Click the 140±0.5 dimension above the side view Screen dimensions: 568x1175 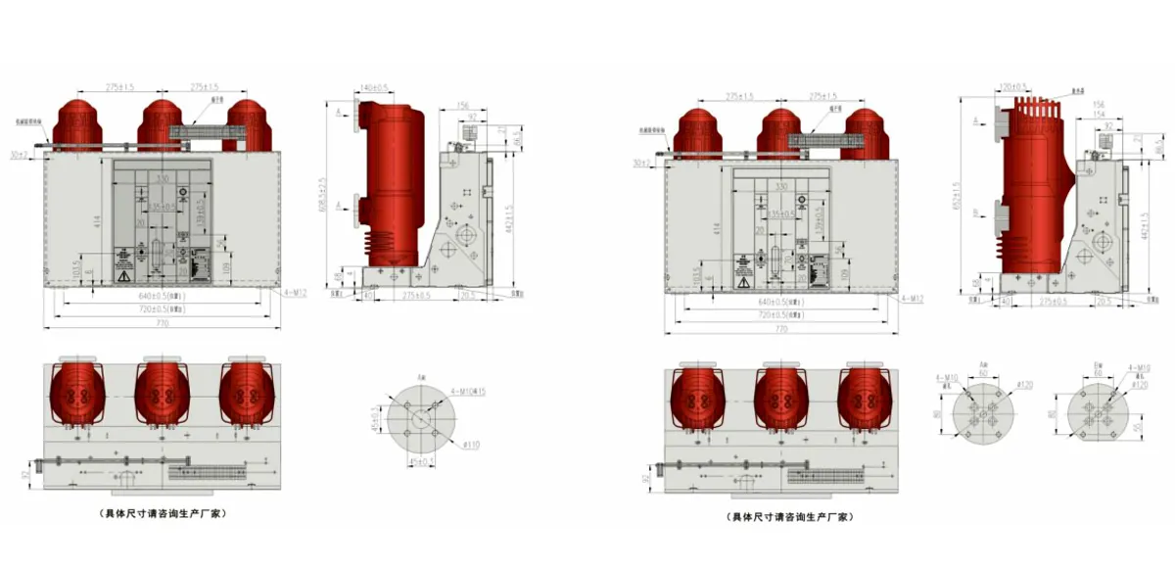tap(375, 87)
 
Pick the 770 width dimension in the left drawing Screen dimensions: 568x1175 tap(160, 322)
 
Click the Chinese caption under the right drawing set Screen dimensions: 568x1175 tap(789, 516)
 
